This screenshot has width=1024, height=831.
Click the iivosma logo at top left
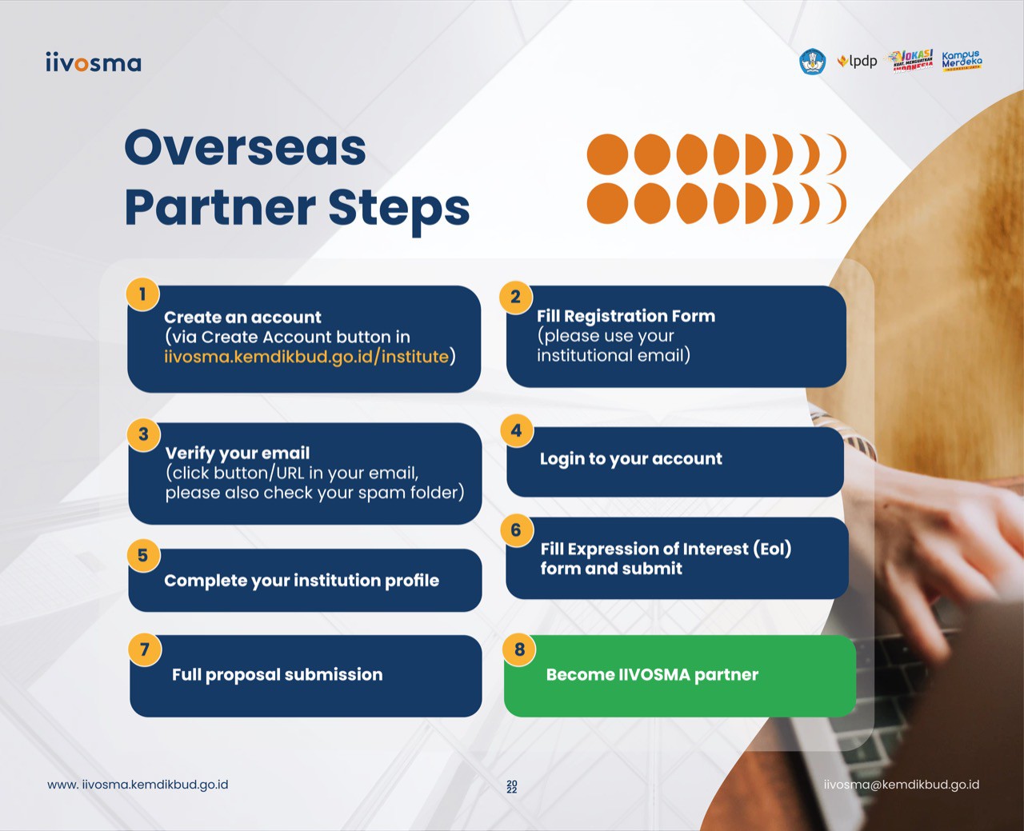coord(94,62)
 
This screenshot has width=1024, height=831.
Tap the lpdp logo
coord(857,62)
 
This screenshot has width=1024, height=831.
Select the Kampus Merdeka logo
coord(962,61)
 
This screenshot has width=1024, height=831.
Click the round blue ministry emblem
coord(813,62)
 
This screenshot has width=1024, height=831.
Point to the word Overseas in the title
coord(245,147)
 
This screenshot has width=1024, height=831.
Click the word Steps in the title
coord(399,208)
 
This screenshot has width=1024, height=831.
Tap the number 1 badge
coord(142,294)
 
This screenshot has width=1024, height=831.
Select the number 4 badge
coord(516,430)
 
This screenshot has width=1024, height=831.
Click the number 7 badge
coord(145,649)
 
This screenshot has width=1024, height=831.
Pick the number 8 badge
coord(519,649)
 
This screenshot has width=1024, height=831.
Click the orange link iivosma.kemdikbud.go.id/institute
coord(306,357)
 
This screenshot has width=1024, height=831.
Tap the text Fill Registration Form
coord(626,316)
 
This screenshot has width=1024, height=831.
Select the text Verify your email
coord(238,453)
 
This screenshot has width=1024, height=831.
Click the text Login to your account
coord(630,458)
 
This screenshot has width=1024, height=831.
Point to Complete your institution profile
coord(302,581)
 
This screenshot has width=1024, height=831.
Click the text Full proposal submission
coord(278,675)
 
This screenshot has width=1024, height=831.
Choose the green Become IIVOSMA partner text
coord(652,675)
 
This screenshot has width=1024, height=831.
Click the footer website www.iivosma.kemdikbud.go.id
coord(138,785)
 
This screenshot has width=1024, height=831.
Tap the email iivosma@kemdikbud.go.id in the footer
coord(902,785)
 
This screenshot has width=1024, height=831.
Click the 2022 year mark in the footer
coord(512,787)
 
